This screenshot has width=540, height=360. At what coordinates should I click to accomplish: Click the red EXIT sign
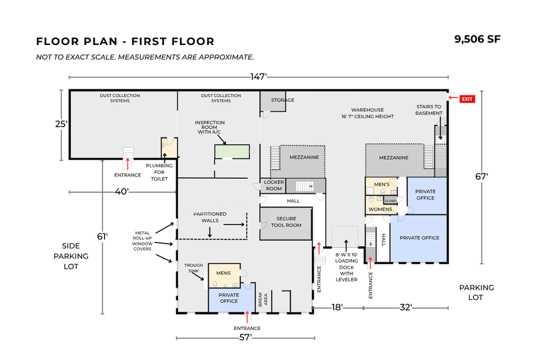pyautogui.click(x=467, y=98)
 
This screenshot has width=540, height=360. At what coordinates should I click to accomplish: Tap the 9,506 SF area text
pyautogui.click(x=478, y=40)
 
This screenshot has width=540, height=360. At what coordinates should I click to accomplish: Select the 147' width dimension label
pyautogui.click(x=258, y=77)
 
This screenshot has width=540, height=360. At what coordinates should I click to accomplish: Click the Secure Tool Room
pyautogui.click(x=286, y=222)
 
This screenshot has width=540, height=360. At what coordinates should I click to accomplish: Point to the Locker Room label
pyautogui.click(x=274, y=186)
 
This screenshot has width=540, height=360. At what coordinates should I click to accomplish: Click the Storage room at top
pyautogui.click(x=282, y=100)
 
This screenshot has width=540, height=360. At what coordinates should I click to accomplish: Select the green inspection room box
pyautogui.click(x=232, y=152)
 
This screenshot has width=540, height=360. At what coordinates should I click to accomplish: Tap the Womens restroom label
pyautogui.click(x=380, y=209)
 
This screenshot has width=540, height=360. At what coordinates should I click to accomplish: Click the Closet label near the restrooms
pyautogui.click(x=391, y=201)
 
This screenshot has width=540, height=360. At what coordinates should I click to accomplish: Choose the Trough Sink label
pyautogui.click(x=193, y=268)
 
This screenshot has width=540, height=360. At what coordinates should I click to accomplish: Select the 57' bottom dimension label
pyautogui.click(x=245, y=338)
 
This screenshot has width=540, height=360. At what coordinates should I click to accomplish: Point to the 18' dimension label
pyautogui.click(x=338, y=307)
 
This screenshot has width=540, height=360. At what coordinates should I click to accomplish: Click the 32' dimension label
pyautogui.click(x=406, y=307)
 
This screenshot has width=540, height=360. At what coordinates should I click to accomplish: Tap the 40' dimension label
pyautogui.click(x=122, y=192)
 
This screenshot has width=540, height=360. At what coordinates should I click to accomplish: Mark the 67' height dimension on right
pyautogui.click(x=482, y=176)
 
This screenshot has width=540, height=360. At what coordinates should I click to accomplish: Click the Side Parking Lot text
pyautogui.click(x=76, y=256)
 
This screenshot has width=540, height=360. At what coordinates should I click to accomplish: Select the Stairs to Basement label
pyautogui.click(x=429, y=110)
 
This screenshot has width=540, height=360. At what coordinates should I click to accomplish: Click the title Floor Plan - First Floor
pyautogui.click(x=125, y=41)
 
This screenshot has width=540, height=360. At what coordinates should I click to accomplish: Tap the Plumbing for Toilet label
pyautogui.click(x=159, y=172)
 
